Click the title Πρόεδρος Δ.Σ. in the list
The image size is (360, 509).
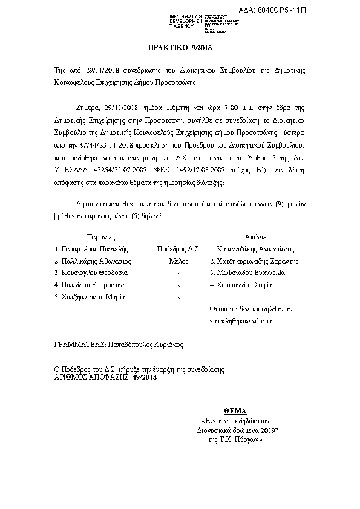click(x=178, y=248)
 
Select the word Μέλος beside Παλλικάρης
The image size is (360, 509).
click(x=179, y=261)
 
